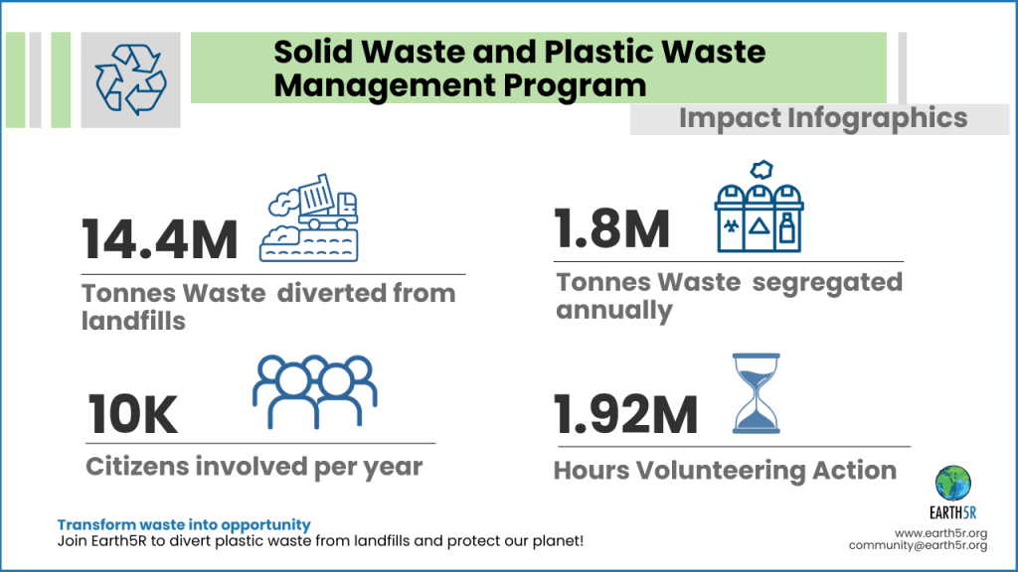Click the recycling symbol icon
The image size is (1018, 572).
coord(129,80)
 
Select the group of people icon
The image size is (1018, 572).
coord(315,390)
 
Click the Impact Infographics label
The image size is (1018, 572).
coord(822,118)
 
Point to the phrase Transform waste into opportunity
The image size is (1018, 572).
coord(184,524)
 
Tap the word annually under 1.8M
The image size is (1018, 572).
coord(613,310)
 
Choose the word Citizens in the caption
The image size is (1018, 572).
coord(141,467)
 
